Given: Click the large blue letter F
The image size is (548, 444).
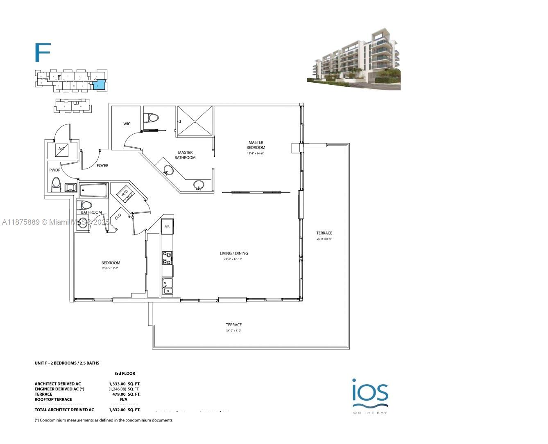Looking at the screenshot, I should (x=42, y=52).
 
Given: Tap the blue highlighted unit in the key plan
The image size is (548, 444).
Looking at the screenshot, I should (x=98, y=85).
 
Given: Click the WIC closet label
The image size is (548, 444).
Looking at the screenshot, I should (x=127, y=124).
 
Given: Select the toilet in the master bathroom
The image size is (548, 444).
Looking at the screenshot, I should (x=152, y=118).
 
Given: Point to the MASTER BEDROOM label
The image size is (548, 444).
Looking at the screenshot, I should (x=256, y=145).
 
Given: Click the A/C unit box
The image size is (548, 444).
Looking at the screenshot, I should (x=62, y=149).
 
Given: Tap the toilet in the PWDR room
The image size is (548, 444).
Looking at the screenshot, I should (x=56, y=184).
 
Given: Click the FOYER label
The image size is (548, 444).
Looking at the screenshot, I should (x=102, y=166).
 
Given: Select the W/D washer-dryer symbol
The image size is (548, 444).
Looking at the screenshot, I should (x=125, y=192).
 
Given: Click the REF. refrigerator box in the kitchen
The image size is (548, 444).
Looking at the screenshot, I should (x=167, y=226).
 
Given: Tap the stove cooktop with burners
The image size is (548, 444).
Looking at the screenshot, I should (x=167, y=258).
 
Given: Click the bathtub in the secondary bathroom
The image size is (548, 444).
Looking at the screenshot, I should (x=93, y=190).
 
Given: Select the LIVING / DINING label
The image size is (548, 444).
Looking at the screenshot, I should (x=234, y=253).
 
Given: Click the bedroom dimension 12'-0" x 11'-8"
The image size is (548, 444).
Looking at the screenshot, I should (x=111, y=268).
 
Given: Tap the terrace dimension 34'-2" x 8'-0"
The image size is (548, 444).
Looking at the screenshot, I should (x=233, y=331).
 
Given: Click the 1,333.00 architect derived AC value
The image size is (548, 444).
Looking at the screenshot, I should (x=117, y=384).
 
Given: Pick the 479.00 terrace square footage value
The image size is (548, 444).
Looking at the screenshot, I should (x=120, y=394).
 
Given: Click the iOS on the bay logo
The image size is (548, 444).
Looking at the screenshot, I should (x=370, y=395).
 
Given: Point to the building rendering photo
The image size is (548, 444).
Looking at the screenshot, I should (x=353, y=59).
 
